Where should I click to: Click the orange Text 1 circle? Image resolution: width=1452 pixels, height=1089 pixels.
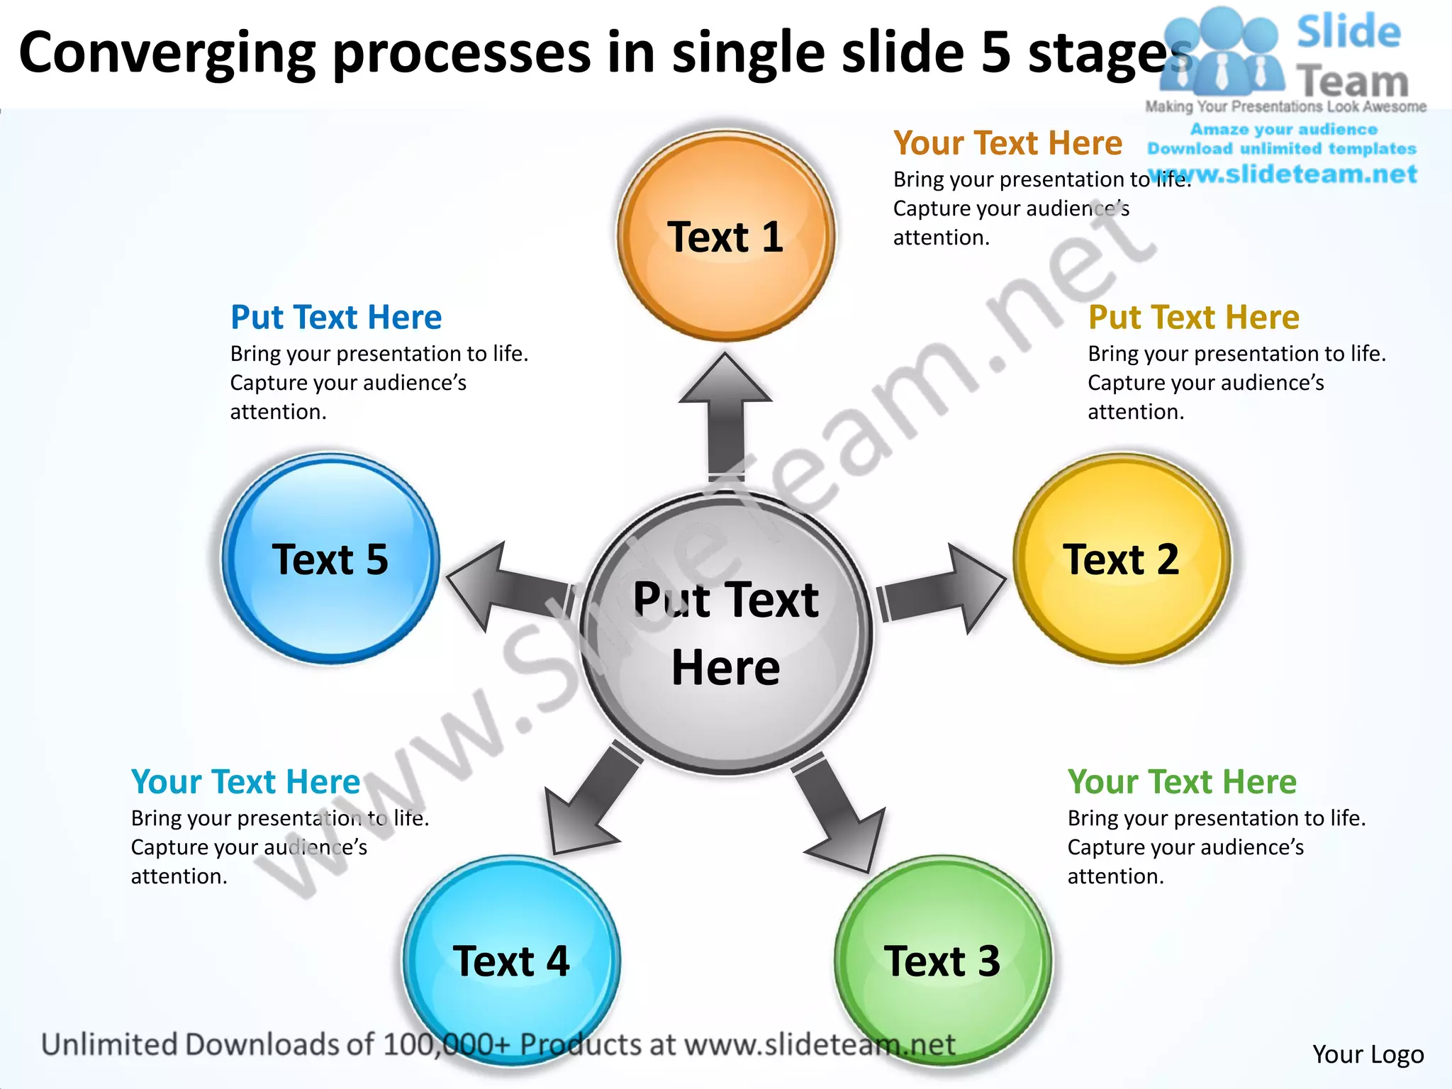pos(725,235)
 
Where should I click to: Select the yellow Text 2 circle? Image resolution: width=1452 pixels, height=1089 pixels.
pos(1122,559)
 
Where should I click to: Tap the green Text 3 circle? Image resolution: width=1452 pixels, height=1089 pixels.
pos(943,961)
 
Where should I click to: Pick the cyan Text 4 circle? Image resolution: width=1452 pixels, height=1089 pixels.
pos(511,961)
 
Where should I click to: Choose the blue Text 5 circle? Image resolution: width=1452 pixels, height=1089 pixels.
pos(330,559)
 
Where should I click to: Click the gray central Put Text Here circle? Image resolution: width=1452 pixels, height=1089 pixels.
pos(725,632)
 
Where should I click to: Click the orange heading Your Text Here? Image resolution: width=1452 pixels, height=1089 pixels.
pos(1007,143)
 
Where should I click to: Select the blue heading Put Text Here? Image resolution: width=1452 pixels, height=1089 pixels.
pos(336,317)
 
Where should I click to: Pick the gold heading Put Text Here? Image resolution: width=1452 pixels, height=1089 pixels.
pos(1194,317)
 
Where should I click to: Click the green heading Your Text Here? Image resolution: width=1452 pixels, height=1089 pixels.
pos(1182,781)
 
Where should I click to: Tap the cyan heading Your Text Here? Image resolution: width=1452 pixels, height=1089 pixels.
pos(245,781)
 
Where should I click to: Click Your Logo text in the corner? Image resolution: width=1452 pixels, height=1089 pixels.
pos(1368,1054)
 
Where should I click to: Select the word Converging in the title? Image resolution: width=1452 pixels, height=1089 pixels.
pos(167,54)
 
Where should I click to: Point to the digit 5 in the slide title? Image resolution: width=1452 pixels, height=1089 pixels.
pos(996,54)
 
